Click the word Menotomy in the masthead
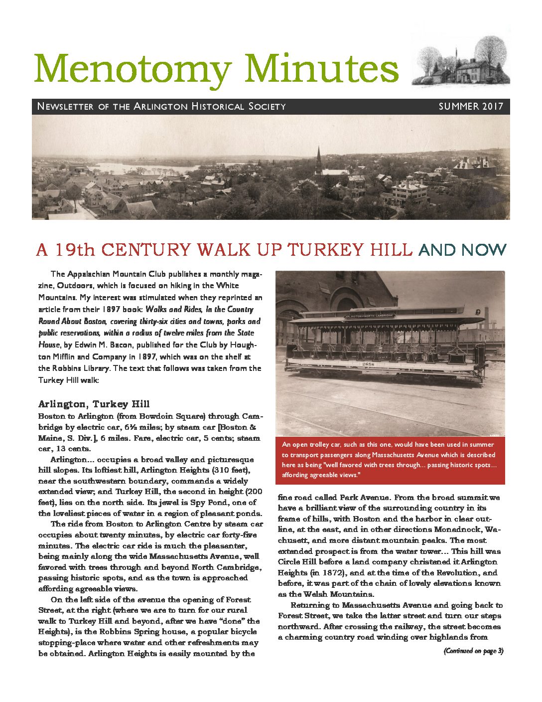[x=133, y=69]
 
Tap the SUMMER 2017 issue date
[x=471, y=106]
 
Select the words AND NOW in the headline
[x=462, y=249]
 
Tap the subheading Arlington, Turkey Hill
[x=94, y=404]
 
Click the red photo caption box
[x=390, y=460]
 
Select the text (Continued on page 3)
[x=473, y=651]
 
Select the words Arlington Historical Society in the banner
[x=210, y=106]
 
